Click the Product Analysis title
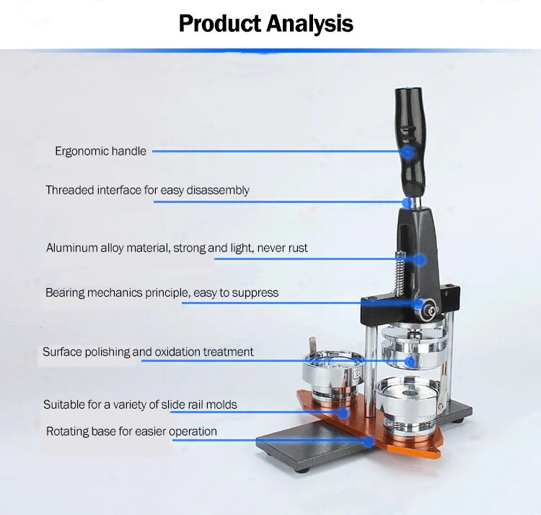point(266,24)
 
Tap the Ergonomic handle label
point(100,151)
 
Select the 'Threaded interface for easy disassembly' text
point(147,190)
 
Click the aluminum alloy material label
point(177,248)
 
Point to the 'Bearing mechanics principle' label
point(162,293)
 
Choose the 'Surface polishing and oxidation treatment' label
point(148,352)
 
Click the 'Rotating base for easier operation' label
point(131,431)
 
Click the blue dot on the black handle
point(407,152)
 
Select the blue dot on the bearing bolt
point(418,304)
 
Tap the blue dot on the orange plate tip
point(371,441)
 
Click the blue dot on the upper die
point(410,360)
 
